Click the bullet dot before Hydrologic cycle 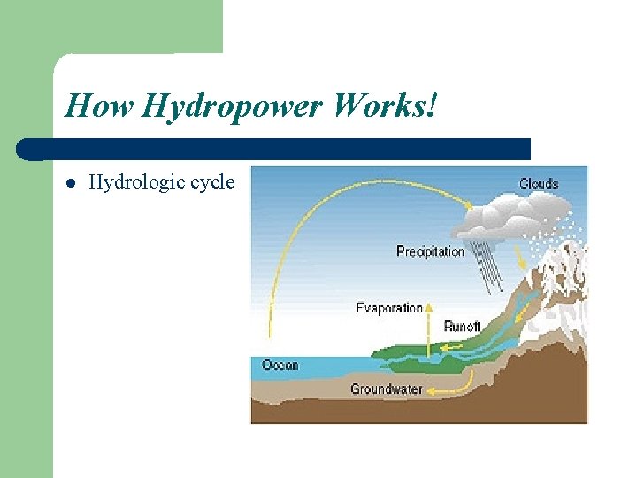pyautogui.click(x=72, y=184)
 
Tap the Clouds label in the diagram pyautogui.click(x=538, y=183)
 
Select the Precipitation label pyautogui.click(x=430, y=251)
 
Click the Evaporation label pyautogui.click(x=388, y=308)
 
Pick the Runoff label pyautogui.click(x=462, y=327)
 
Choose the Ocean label pyautogui.click(x=280, y=365)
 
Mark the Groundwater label pyautogui.click(x=386, y=389)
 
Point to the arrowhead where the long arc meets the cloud pyautogui.click(x=468, y=204)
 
